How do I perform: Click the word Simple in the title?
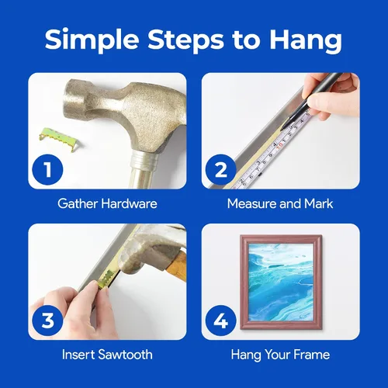(92, 40)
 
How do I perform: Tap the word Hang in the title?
(305, 40)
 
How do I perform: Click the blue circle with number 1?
(47, 170)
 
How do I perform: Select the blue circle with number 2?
(221, 170)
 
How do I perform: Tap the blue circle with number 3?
(47, 320)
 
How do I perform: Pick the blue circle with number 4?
(221, 320)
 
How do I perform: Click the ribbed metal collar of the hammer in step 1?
(145, 159)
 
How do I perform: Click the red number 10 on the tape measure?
(279, 147)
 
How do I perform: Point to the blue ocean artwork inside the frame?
(281, 282)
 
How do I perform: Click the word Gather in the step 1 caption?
(78, 203)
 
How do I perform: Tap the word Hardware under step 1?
(129, 203)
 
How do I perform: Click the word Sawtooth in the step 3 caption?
(126, 355)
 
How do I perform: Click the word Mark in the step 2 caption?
(319, 203)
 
